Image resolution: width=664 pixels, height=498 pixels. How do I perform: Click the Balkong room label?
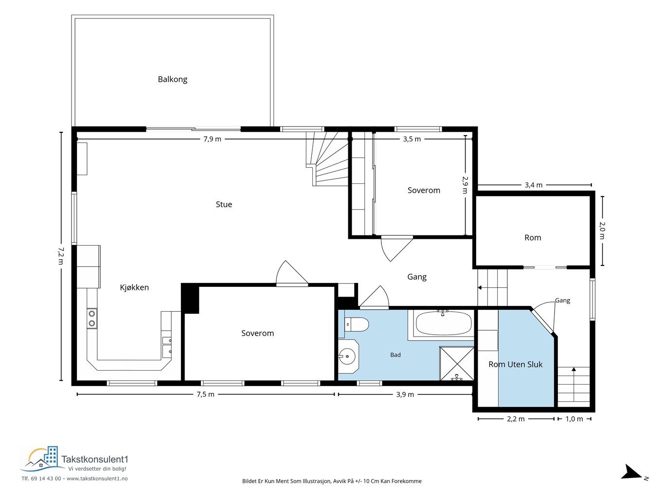[x=172, y=79]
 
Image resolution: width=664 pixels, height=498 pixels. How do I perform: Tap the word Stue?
[x=224, y=204]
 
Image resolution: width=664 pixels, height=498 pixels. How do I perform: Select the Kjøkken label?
[x=134, y=287]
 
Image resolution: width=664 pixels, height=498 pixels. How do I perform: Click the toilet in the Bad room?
[x=357, y=325]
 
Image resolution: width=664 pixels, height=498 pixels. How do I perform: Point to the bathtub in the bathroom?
[x=444, y=322]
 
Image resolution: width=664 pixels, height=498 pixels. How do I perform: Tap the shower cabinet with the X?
[x=456, y=363]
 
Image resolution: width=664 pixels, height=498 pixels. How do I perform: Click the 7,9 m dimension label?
[x=213, y=139]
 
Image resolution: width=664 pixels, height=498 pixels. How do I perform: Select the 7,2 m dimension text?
[x=61, y=256]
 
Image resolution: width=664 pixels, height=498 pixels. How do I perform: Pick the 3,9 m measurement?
[x=405, y=394]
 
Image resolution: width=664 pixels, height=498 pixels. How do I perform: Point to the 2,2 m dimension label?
[x=516, y=419]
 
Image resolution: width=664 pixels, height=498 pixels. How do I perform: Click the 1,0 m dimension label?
[x=574, y=419]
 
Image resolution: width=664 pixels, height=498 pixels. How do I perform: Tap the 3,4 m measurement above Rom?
[x=534, y=185]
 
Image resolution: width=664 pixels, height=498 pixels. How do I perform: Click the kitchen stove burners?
[x=92, y=319]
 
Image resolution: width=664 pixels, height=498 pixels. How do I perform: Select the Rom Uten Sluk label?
[x=516, y=364]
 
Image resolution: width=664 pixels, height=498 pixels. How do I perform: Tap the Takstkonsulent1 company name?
[x=95, y=459]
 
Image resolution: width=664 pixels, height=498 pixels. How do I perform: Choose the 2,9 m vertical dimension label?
[x=465, y=185]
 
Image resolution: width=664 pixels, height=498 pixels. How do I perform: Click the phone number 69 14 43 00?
[x=46, y=479]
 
